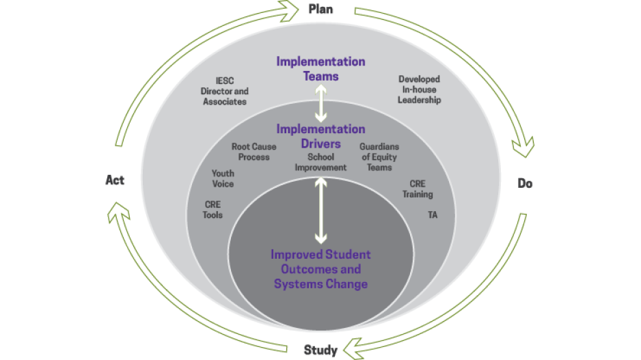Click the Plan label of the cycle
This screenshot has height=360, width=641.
click(x=320, y=9)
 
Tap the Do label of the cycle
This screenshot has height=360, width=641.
click(x=525, y=183)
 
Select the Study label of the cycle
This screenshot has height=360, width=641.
click(x=320, y=350)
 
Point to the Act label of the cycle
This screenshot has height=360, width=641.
click(x=115, y=180)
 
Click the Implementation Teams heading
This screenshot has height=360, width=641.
click(x=320, y=68)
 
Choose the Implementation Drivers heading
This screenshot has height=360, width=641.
click(x=320, y=136)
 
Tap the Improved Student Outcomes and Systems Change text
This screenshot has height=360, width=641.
click(x=320, y=269)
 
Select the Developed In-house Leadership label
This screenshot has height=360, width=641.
click(x=420, y=89)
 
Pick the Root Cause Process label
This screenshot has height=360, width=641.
click(x=254, y=152)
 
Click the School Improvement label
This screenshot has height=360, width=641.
click(x=320, y=162)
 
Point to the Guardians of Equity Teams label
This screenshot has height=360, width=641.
click(x=379, y=157)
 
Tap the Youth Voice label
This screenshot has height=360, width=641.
click(x=223, y=178)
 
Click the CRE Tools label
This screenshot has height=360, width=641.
click(x=213, y=209)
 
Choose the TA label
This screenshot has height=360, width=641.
click(x=433, y=214)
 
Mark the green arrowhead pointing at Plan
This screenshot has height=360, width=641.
click(x=286, y=10)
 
